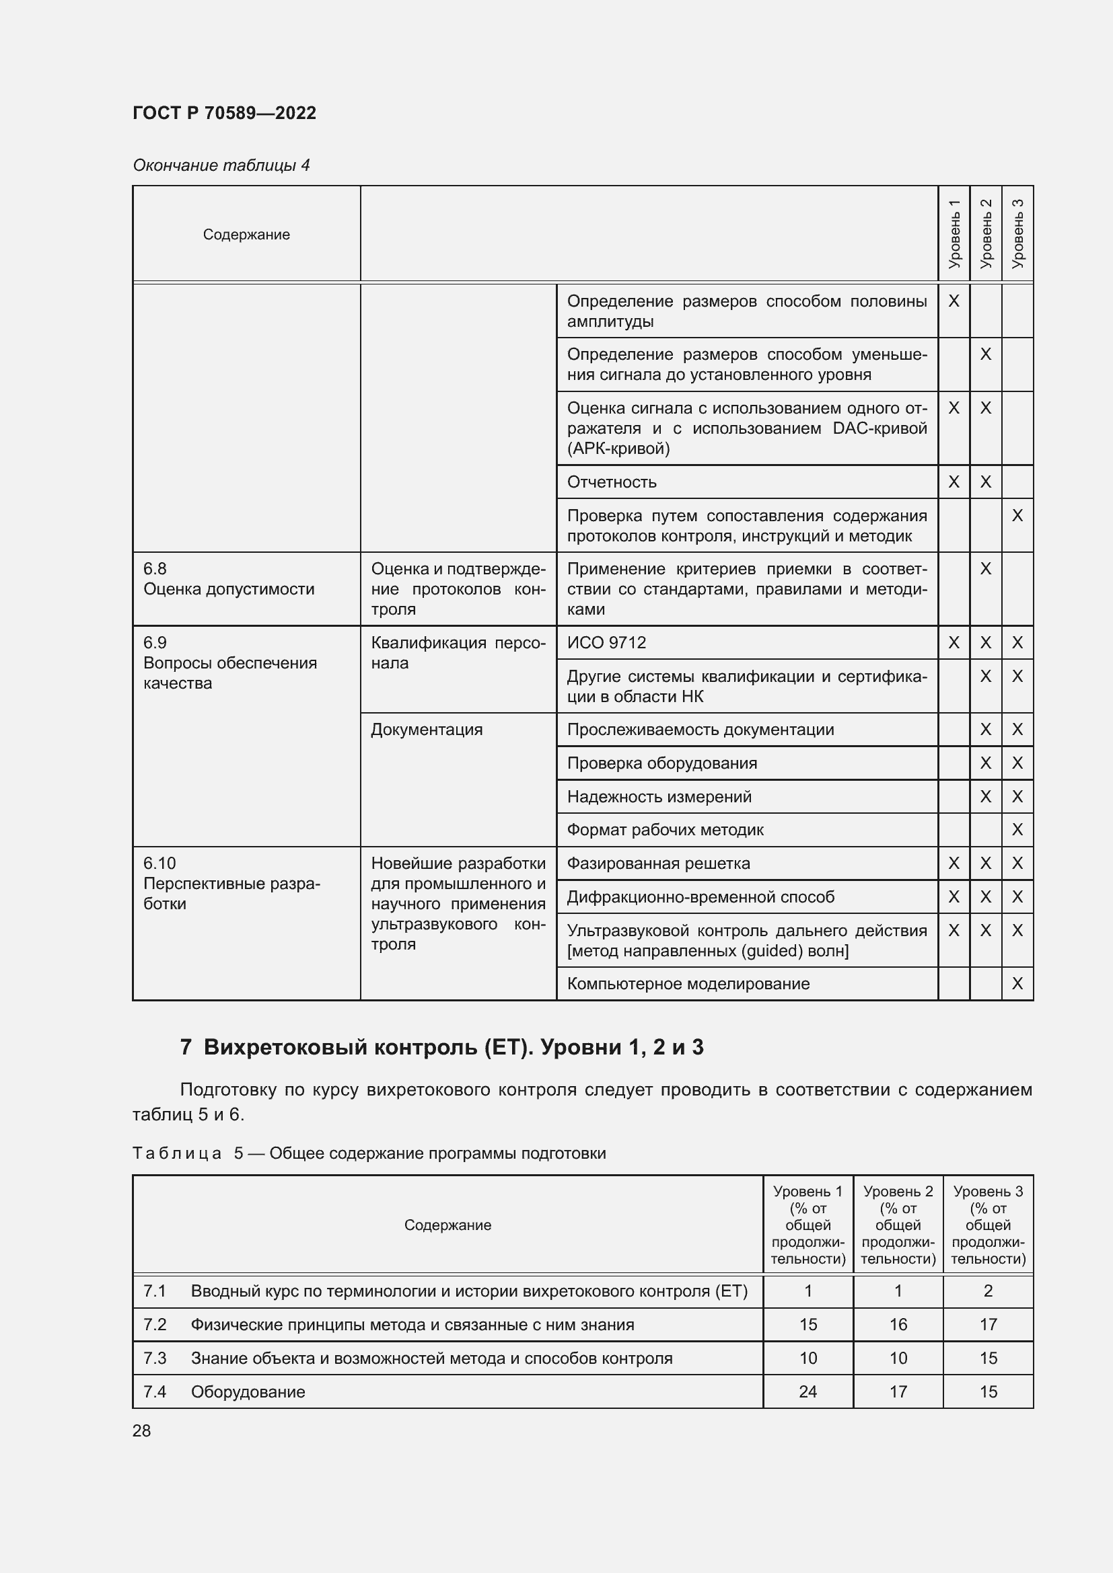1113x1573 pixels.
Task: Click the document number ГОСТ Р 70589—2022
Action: click(x=224, y=113)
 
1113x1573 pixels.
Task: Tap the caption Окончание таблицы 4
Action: click(x=221, y=165)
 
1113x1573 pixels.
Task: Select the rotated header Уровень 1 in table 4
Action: click(x=954, y=233)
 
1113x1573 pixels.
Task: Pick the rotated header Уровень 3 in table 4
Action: click(x=1017, y=233)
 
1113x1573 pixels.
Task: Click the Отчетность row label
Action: click(x=611, y=482)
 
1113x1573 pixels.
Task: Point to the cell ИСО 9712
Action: click(x=606, y=643)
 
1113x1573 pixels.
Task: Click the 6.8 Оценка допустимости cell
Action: click(x=229, y=580)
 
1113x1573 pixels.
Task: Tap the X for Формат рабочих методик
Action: click(x=1017, y=831)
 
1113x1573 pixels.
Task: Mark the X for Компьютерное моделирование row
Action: click(x=1017, y=984)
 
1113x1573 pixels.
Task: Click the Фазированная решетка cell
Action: click(x=658, y=864)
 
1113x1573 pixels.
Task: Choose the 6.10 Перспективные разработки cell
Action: click(x=231, y=884)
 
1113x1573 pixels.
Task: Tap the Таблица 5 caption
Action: click(x=369, y=1153)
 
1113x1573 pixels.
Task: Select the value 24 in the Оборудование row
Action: click(x=807, y=1391)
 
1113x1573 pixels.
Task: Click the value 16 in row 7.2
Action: click(x=898, y=1324)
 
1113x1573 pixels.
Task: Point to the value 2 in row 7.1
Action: click(x=988, y=1291)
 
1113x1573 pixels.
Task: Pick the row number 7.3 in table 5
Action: click(x=155, y=1358)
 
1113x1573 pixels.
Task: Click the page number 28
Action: click(x=142, y=1430)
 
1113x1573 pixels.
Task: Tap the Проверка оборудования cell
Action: click(x=661, y=763)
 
